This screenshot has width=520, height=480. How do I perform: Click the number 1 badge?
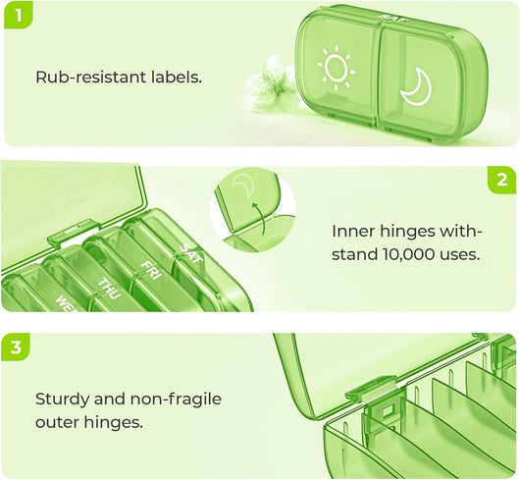coord(19,16)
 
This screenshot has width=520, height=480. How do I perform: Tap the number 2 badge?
coord(502,181)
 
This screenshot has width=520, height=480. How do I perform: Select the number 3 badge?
coord(16,347)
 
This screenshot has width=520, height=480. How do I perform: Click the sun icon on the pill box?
coord(336,68)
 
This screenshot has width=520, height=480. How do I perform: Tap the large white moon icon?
coord(416,87)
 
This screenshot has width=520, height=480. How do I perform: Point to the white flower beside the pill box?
coord(271,80)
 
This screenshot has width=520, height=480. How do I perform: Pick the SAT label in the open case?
coord(190,254)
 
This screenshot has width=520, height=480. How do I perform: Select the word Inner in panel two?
coord(353,232)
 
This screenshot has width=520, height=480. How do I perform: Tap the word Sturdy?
coord(62,400)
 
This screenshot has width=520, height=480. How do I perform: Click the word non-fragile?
coord(176,400)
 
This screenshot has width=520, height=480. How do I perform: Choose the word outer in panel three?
coord(57,422)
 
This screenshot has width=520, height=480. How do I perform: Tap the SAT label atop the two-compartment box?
coord(393,19)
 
